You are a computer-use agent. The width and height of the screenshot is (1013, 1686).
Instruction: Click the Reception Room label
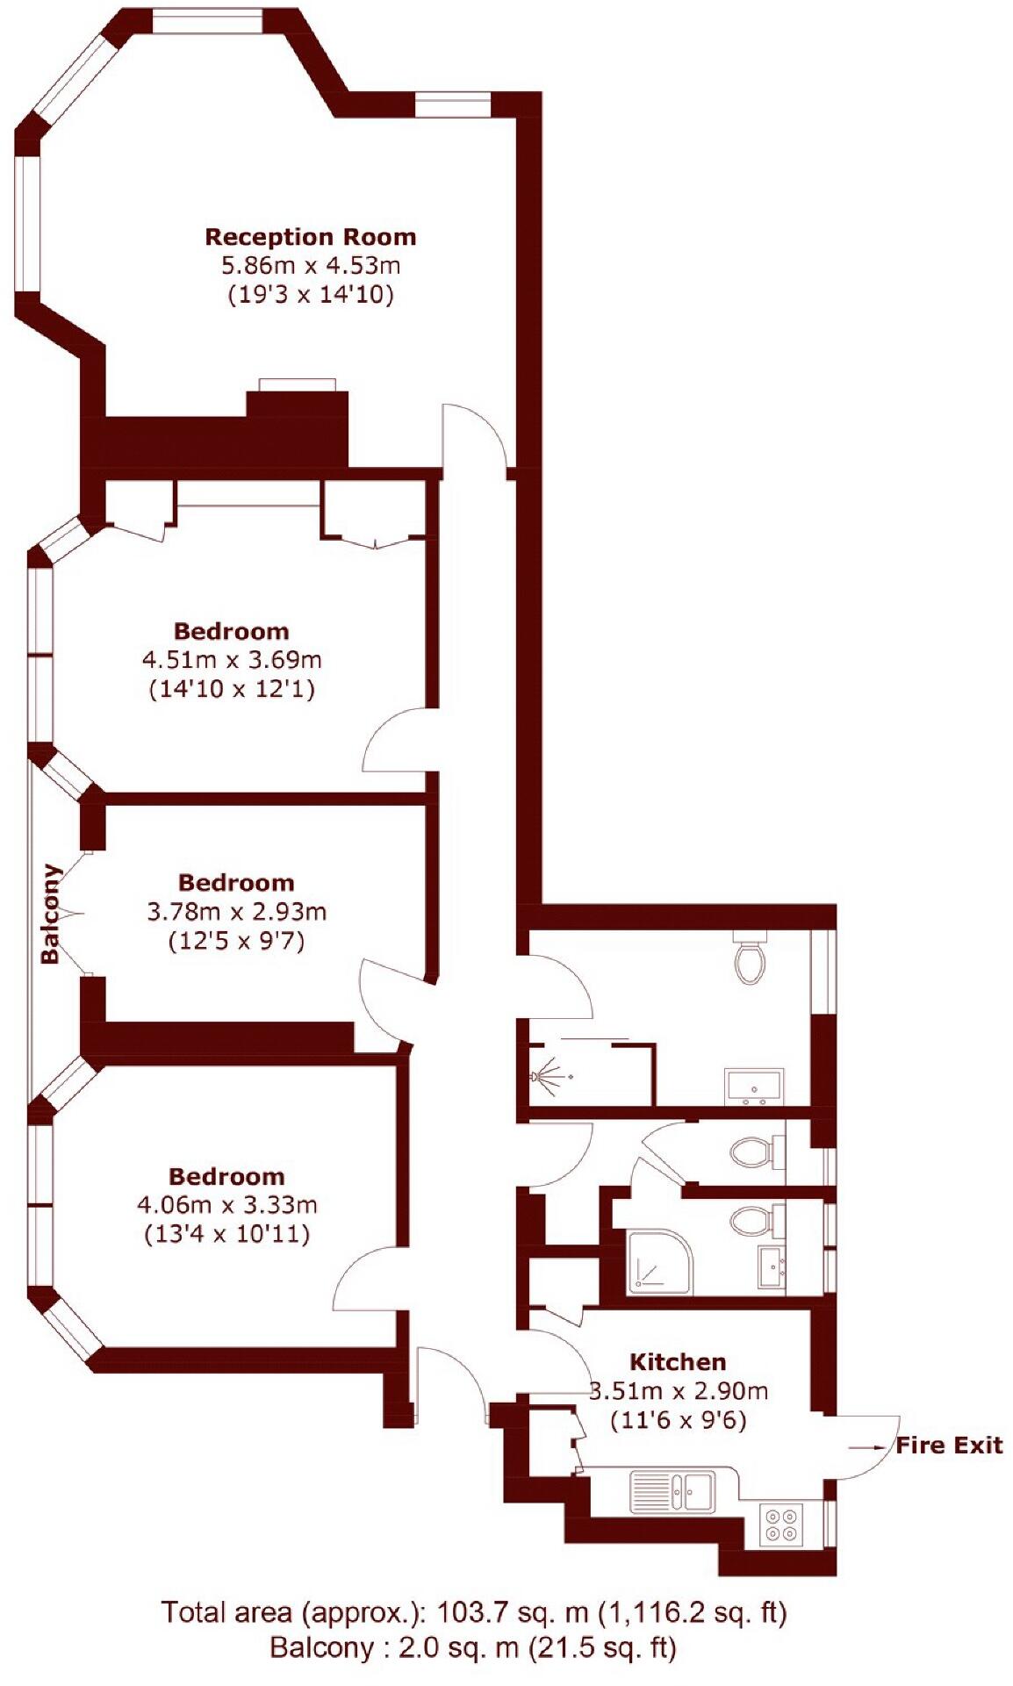pyautogui.click(x=310, y=237)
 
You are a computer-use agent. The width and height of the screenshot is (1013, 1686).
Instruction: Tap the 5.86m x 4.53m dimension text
pyautogui.click(x=310, y=264)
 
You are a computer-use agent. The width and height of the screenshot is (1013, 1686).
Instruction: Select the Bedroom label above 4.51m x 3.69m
pyautogui.click(x=231, y=631)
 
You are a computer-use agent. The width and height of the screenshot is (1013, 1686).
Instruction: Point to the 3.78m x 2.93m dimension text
pyautogui.click(x=236, y=912)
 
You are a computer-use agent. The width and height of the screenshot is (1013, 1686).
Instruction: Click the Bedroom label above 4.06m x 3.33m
pyautogui.click(x=226, y=1176)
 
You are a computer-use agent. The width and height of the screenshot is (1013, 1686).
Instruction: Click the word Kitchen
pyautogui.click(x=678, y=1362)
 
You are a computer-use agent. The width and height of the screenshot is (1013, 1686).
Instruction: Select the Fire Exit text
pyautogui.click(x=949, y=1446)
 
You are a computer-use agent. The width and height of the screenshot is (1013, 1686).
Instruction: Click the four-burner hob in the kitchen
pyautogui.click(x=781, y=1523)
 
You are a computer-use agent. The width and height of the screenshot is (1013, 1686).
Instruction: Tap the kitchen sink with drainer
pyautogui.click(x=672, y=1491)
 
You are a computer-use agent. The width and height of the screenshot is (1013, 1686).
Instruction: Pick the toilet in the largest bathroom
pyautogui.click(x=750, y=959)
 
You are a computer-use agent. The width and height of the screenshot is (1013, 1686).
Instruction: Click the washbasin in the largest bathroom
pyautogui.click(x=754, y=1087)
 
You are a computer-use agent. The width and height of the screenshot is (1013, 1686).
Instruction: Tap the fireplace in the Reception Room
pyautogui.click(x=297, y=385)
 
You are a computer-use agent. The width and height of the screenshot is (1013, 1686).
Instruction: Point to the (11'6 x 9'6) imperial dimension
pyautogui.click(x=678, y=1419)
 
